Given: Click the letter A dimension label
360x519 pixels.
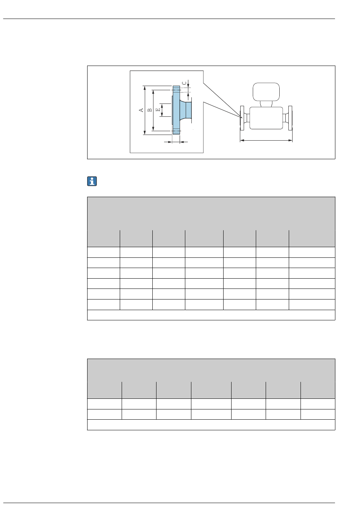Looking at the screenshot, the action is pyautogui.click(x=141, y=110).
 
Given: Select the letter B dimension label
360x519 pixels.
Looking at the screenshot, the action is pyautogui.click(x=150, y=110).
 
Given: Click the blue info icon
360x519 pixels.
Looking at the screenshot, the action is pyautogui.click(x=92, y=181).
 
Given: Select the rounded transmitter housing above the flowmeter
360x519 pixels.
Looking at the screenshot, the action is pyautogui.click(x=266, y=91).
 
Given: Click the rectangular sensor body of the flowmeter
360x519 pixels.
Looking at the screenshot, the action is pyautogui.click(x=266, y=118).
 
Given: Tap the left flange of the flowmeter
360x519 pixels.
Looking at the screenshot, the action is pyautogui.click(x=241, y=118).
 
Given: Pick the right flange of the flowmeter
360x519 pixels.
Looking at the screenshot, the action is pyautogui.click(x=291, y=118).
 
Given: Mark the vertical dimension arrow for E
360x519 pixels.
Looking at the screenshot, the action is pyautogui.click(x=162, y=110).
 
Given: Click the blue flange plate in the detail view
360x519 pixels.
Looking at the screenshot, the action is pyautogui.click(x=176, y=110).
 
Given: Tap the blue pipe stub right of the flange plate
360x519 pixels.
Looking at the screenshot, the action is pyautogui.click(x=186, y=110).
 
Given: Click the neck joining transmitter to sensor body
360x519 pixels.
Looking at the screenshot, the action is pyautogui.click(x=266, y=103).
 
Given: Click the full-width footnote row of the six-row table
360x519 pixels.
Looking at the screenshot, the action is pyautogui.click(x=211, y=315).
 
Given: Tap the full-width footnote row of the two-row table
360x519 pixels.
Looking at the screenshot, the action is pyautogui.click(x=211, y=425).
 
